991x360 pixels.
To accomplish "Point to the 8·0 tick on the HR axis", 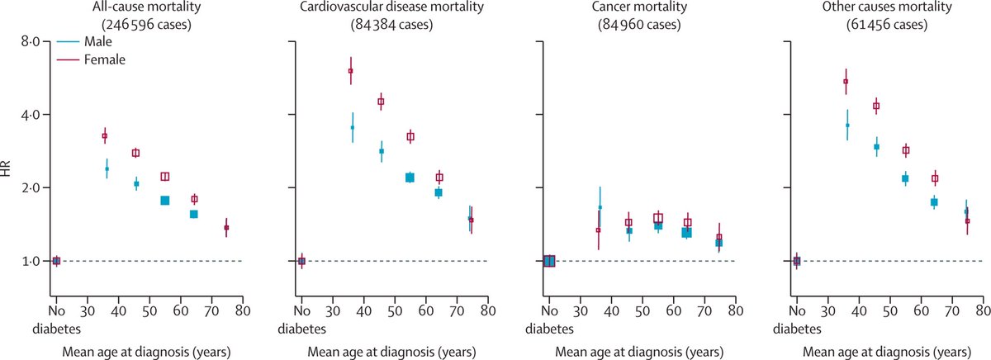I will click(29, 41).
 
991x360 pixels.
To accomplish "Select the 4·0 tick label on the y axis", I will click(29, 115).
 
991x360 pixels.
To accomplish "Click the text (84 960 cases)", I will click(641, 25).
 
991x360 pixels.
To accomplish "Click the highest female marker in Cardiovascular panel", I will click(351, 71).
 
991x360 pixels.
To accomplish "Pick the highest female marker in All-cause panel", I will click(105, 135).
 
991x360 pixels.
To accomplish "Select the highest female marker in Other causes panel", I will click(846, 81).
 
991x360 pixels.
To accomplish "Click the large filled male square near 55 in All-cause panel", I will click(164, 201).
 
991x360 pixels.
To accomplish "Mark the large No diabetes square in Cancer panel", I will click(549, 261).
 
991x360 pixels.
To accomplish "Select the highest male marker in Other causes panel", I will click(847, 125).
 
